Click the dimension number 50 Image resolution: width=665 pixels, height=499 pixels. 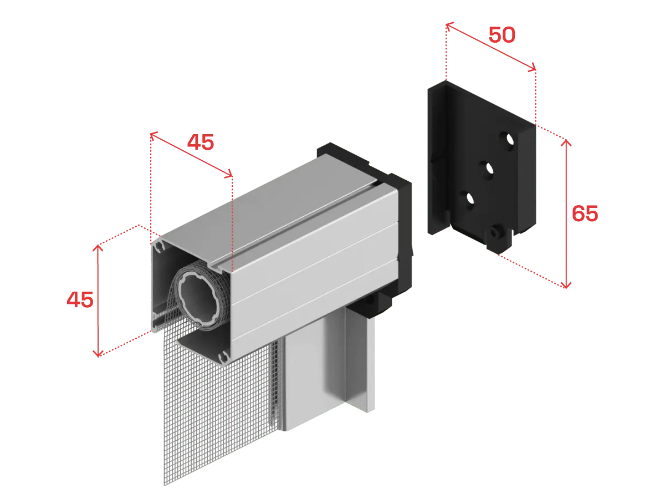pos(502,35)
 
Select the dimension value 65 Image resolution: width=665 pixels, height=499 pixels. pos(585,213)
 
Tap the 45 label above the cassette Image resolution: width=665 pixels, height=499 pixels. pos(201,142)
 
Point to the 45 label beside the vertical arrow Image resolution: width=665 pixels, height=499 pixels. pos(80,299)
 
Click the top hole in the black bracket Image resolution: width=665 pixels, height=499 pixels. pos(508,140)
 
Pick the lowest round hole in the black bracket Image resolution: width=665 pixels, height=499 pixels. pos(468,200)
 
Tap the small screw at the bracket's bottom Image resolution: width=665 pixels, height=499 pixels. pos(495,233)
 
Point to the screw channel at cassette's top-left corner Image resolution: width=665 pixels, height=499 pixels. pos(158,246)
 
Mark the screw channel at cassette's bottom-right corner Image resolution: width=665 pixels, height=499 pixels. pos(224,357)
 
